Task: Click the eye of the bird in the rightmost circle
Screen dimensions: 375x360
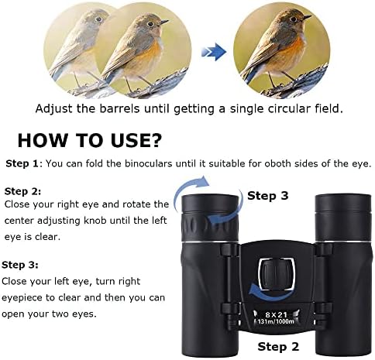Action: pos(293,19)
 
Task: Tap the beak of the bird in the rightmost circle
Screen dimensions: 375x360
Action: pos(306,18)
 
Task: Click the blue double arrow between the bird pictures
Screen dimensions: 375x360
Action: pos(213,52)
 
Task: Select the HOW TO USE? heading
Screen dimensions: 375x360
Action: pos(89,140)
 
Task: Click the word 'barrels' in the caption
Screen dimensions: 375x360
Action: pos(119,108)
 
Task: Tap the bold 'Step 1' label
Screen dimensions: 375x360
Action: pos(22,163)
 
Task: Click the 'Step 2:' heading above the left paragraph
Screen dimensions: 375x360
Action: pos(22,191)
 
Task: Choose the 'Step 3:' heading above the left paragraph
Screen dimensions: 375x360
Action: pos(20,265)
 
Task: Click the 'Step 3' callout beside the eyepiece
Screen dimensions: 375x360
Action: pos(268,196)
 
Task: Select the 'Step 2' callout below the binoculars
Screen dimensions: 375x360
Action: pos(278,346)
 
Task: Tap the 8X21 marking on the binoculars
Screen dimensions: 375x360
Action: pos(277,314)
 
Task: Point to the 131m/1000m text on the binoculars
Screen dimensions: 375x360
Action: pos(276,321)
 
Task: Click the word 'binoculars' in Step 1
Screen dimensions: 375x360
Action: pos(148,163)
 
